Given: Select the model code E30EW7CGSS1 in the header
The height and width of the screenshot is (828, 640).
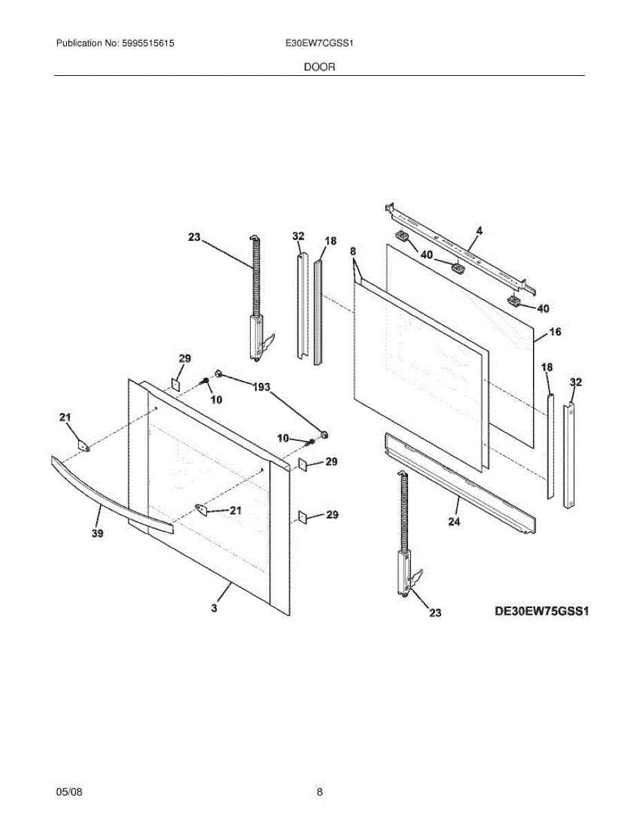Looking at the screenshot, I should click(x=319, y=43).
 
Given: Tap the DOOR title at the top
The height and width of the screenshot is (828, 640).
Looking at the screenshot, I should click(x=320, y=67).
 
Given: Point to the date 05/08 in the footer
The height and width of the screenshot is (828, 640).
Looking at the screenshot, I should click(x=69, y=792).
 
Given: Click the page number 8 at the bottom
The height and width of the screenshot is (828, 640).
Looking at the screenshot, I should click(x=320, y=792).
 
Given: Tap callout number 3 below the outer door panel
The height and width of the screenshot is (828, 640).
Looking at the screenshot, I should click(x=214, y=608).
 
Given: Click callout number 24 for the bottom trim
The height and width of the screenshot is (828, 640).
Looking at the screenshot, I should click(x=454, y=522).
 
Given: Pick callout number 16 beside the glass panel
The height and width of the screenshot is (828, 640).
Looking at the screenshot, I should click(x=555, y=332).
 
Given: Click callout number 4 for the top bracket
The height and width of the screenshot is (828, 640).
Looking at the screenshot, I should click(x=479, y=231).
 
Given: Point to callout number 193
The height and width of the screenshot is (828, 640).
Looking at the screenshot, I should click(x=261, y=387).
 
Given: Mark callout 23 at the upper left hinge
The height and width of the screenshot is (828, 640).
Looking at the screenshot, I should click(x=193, y=237).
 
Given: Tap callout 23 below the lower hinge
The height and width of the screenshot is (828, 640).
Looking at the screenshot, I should click(x=435, y=612).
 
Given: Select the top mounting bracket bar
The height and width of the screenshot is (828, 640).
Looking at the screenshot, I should click(x=459, y=246).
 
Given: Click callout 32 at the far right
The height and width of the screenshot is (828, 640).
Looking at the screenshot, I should click(x=575, y=382).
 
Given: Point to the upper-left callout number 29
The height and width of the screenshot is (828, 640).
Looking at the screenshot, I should click(x=184, y=358).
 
